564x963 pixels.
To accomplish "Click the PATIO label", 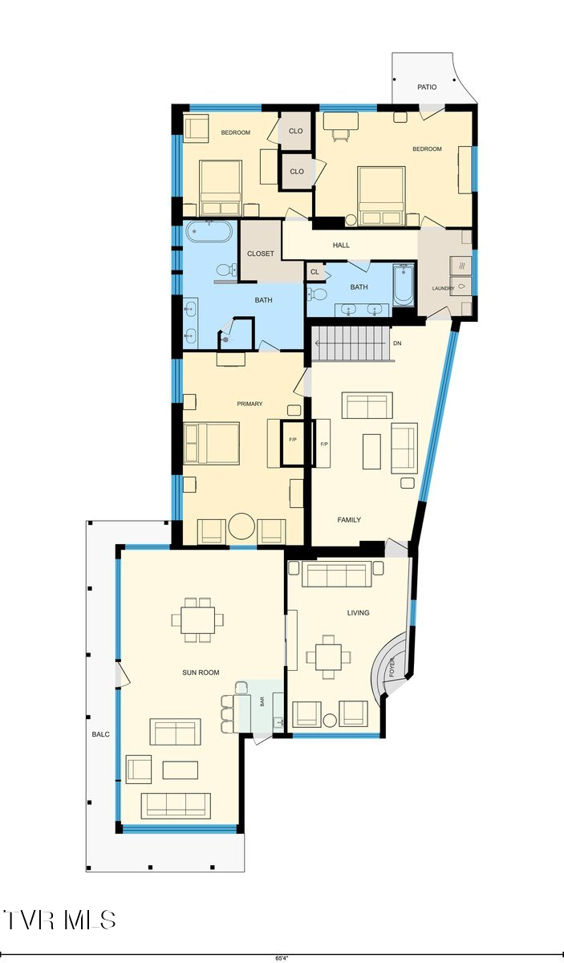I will [427, 87].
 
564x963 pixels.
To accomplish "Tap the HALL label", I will [341, 246].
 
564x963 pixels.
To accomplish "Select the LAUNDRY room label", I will [443, 289].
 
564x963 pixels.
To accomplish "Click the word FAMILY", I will [349, 520].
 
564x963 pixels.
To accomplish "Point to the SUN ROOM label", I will [201, 672].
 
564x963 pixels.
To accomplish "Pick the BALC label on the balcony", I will [100, 734].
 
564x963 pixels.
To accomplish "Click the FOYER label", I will [392, 668].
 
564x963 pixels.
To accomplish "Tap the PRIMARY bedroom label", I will [250, 404].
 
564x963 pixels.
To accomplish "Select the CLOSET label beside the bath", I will [261, 254].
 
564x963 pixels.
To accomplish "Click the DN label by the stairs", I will [396, 343].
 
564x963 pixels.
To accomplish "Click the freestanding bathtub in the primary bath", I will [209, 233].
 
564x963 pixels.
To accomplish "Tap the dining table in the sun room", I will [197, 620].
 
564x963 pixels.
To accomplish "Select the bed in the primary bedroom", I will [212, 444].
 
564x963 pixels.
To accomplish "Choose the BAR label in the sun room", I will [262, 701].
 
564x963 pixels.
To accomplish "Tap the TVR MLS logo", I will [60, 920].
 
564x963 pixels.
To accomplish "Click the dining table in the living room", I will [327, 656].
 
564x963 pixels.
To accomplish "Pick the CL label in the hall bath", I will [314, 272].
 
